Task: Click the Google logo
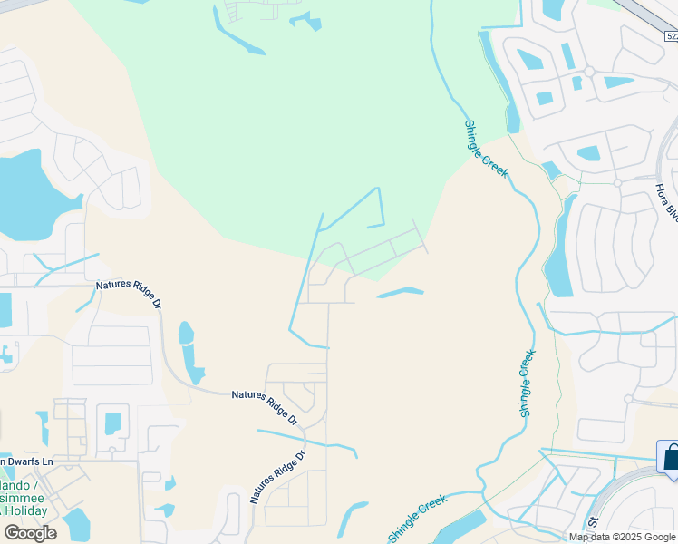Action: (30, 532)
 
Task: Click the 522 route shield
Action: (671, 35)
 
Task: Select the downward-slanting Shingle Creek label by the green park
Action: (487, 149)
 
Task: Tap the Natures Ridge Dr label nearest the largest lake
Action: (129, 292)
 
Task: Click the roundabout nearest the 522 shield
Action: (588, 71)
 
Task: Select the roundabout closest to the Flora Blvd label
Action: (616, 182)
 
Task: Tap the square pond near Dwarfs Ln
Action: (112, 423)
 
